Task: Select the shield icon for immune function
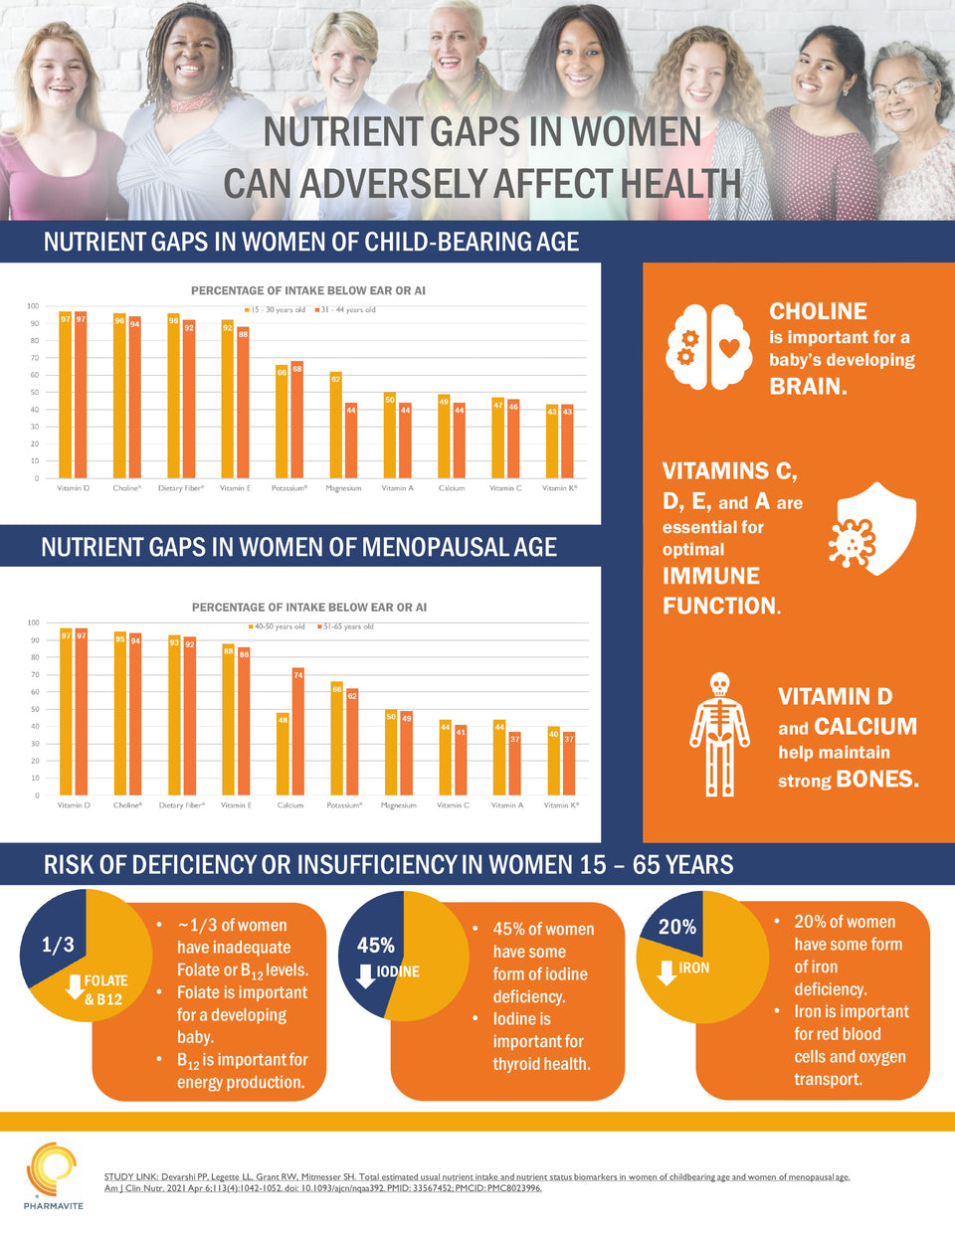click(x=872, y=529)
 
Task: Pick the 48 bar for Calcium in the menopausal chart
click(x=283, y=753)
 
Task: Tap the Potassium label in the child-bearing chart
click(x=289, y=488)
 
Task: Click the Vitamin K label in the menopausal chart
click(x=561, y=805)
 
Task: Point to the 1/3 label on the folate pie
click(x=58, y=945)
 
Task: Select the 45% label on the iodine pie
click(x=376, y=945)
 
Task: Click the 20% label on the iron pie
click(x=677, y=927)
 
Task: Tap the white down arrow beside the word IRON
click(x=667, y=971)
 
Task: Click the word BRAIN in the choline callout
click(x=808, y=387)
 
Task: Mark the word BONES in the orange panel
click(x=877, y=779)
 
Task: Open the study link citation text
click(x=477, y=1182)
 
